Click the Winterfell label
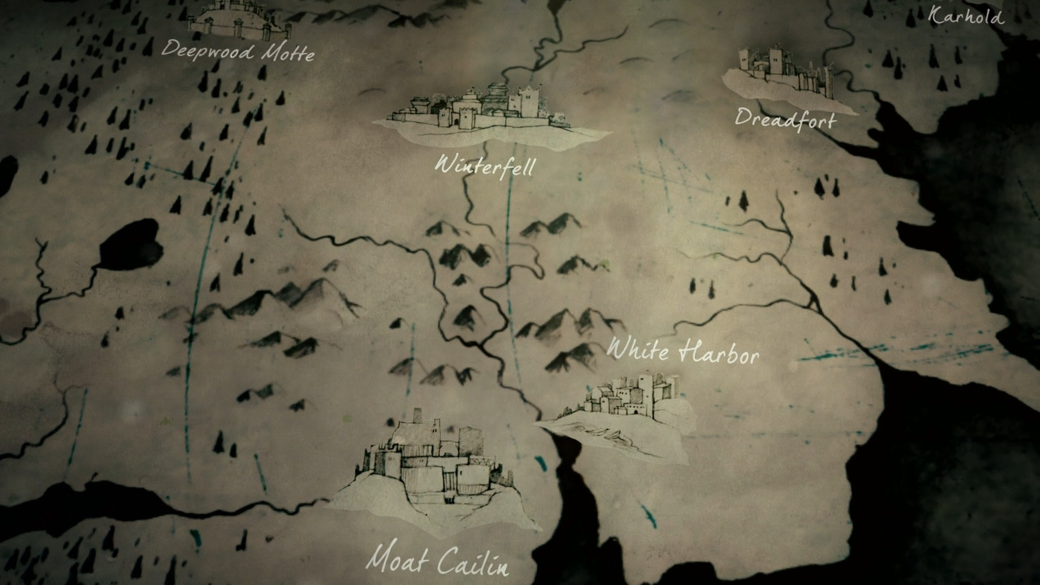point(484,165)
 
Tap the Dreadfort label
point(785,119)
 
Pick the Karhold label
point(966,16)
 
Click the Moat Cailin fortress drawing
point(433,466)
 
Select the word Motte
point(288,53)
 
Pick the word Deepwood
point(208,50)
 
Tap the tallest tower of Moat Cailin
point(418,418)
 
